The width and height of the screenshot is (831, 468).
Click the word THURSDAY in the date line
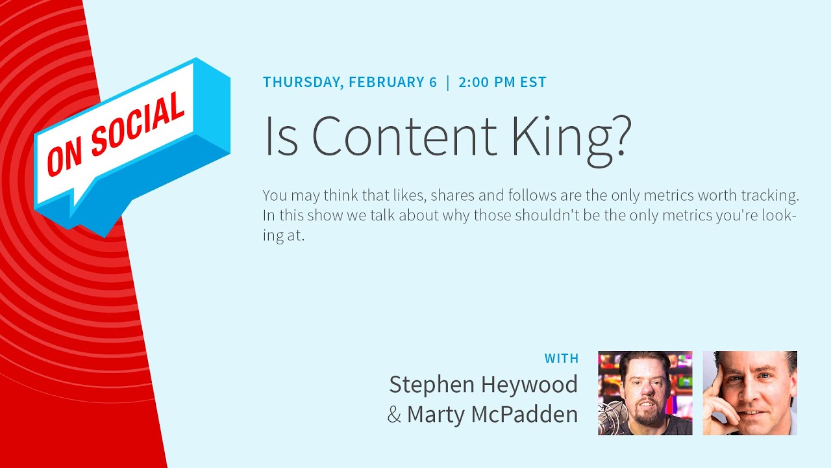(x=302, y=83)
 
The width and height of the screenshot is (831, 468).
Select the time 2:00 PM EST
(x=502, y=83)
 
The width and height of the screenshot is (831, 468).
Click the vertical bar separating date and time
(x=447, y=83)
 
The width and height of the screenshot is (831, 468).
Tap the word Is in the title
(x=280, y=136)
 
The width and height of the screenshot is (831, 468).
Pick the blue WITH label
(x=561, y=358)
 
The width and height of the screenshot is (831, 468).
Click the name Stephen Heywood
(x=483, y=385)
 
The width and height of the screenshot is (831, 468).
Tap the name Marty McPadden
(x=492, y=414)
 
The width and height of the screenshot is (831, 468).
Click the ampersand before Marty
(x=394, y=415)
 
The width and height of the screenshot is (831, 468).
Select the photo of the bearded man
(x=645, y=393)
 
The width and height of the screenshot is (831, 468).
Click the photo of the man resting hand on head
(x=750, y=393)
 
